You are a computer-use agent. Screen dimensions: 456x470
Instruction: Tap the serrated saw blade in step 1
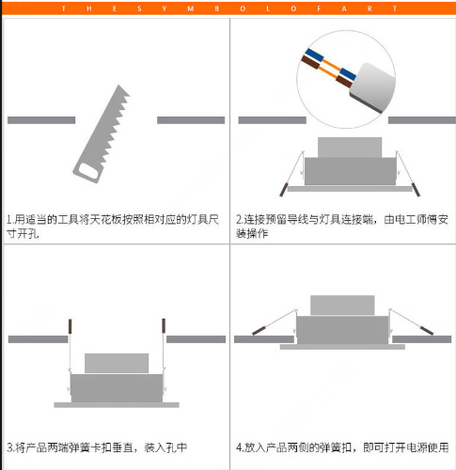tap(108, 125)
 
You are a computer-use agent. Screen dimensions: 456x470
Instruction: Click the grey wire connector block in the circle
tap(372, 87)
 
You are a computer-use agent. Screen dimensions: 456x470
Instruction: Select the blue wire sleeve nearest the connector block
tap(348, 73)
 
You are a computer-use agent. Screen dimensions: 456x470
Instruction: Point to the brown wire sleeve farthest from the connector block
tap(310, 62)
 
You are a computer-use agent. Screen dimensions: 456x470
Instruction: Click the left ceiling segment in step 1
tap(41, 120)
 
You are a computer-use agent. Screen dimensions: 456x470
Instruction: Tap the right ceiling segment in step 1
tap(191, 120)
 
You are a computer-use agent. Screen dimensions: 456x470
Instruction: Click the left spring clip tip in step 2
tap(284, 190)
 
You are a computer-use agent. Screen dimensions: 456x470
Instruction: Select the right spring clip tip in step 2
tap(416, 190)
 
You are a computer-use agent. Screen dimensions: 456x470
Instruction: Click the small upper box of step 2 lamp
tap(350, 148)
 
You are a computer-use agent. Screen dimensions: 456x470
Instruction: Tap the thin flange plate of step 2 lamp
tap(350, 189)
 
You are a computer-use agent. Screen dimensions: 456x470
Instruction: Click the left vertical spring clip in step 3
tap(70, 326)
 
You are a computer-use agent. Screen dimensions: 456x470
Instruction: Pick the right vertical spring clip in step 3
tap(164, 326)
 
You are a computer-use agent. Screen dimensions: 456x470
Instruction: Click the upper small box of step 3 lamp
tap(117, 363)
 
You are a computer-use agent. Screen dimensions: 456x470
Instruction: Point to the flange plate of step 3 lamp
tap(117, 405)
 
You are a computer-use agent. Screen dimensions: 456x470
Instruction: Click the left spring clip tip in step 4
tap(259, 330)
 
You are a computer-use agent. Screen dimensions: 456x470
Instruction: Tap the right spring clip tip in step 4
tap(427, 330)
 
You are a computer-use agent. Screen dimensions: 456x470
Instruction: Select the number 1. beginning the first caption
tap(10, 219)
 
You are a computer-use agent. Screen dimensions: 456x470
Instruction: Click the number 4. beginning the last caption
tap(240, 447)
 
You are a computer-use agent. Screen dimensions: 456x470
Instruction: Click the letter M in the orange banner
tap(190, 8)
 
